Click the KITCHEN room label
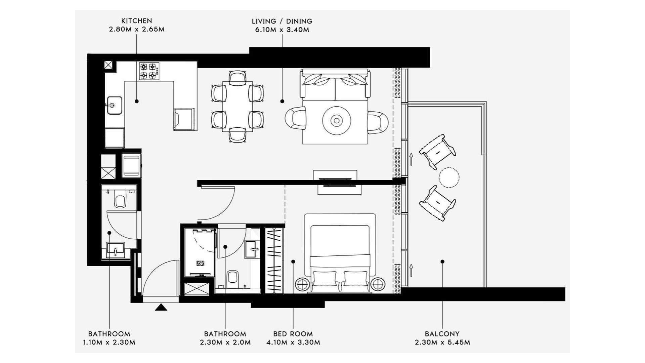pyautogui.click(x=136, y=21)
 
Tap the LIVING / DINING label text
pyautogui.click(x=282, y=21)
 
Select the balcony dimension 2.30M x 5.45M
pyautogui.click(x=442, y=342)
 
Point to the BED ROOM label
pyautogui.click(x=293, y=334)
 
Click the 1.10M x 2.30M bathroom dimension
pyautogui.click(x=109, y=342)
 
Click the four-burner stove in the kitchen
pyautogui.click(x=149, y=71)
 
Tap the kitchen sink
pyautogui.click(x=115, y=105)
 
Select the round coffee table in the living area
pyautogui.click(x=337, y=120)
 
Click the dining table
pyautogui.click(x=237, y=106)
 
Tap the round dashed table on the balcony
pyautogui.click(x=448, y=177)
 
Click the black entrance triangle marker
pyautogui.click(x=161, y=307)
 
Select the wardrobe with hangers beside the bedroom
pyautogui.click(x=274, y=260)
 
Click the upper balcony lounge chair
pyautogui.click(x=438, y=152)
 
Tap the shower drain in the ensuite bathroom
pyautogui.click(x=201, y=264)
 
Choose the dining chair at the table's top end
pyautogui.click(x=238, y=77)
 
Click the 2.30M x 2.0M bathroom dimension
pyautogui.click(x=225, y=342)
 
